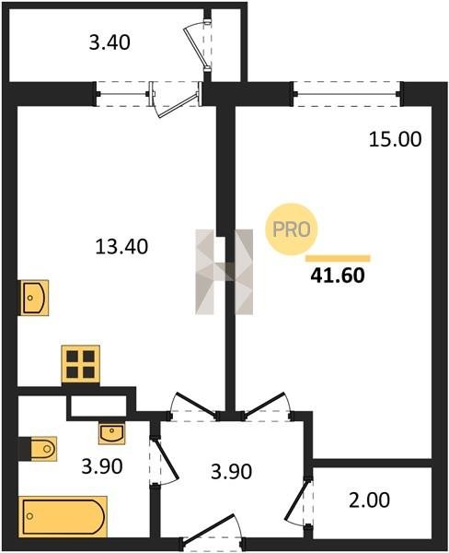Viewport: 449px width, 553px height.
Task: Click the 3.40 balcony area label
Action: coord(109,42)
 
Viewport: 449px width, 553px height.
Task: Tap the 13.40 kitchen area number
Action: coord(121,246)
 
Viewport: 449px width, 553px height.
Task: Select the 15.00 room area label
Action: coord(395,139)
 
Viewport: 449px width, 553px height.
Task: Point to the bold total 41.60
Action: coord(338,276)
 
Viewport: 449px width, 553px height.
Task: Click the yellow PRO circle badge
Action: coord(292,229)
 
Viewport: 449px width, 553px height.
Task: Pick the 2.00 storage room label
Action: coord(369,500)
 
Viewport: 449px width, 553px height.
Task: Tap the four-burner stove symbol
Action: coord(80,365)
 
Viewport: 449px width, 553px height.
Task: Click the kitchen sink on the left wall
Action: coord(34,298)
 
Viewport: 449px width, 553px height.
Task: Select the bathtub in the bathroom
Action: coord(63,517)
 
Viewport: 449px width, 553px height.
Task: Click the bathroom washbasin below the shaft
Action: coord(111,434)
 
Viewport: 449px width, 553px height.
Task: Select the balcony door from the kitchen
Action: coord(177,100)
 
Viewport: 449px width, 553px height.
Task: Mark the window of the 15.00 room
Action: coord(347,94)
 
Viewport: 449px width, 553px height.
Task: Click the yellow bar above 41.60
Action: coord(338,258)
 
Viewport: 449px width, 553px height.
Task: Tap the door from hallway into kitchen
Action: coord(194,406)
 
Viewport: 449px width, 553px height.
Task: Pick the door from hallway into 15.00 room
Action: coord(267,406)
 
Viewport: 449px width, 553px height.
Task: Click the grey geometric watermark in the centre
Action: coord(224,272)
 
